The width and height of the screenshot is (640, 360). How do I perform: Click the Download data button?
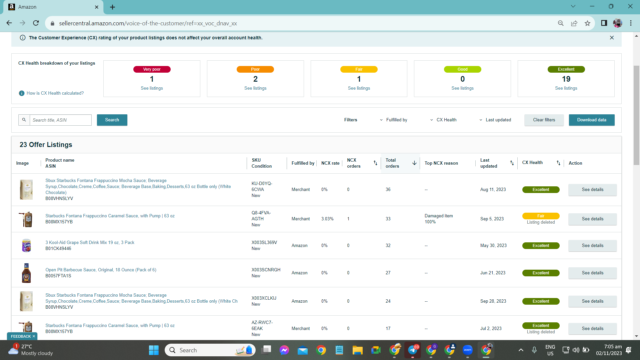591,120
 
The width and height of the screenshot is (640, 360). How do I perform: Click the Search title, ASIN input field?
61,120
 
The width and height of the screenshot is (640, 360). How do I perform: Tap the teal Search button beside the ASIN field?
112,120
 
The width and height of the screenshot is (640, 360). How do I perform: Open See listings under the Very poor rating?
152,88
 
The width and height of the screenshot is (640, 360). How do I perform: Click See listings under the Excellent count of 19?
566,88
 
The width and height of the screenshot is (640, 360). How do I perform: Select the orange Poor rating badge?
255,69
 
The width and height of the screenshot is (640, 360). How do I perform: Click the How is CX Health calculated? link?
55,93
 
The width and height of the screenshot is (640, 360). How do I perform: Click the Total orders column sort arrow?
414,163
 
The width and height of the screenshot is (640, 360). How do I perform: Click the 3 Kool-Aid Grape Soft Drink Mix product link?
90,243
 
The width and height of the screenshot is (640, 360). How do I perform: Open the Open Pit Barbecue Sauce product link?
101,270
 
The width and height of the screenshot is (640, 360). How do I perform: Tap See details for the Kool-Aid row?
592,246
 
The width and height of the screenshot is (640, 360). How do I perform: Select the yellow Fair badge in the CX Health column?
541,216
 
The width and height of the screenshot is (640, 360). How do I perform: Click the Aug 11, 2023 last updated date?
493,190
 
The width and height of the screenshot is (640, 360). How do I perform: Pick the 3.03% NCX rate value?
327,219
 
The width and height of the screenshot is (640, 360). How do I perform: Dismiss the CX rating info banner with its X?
612,38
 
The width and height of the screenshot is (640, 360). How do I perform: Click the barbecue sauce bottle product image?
26,273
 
